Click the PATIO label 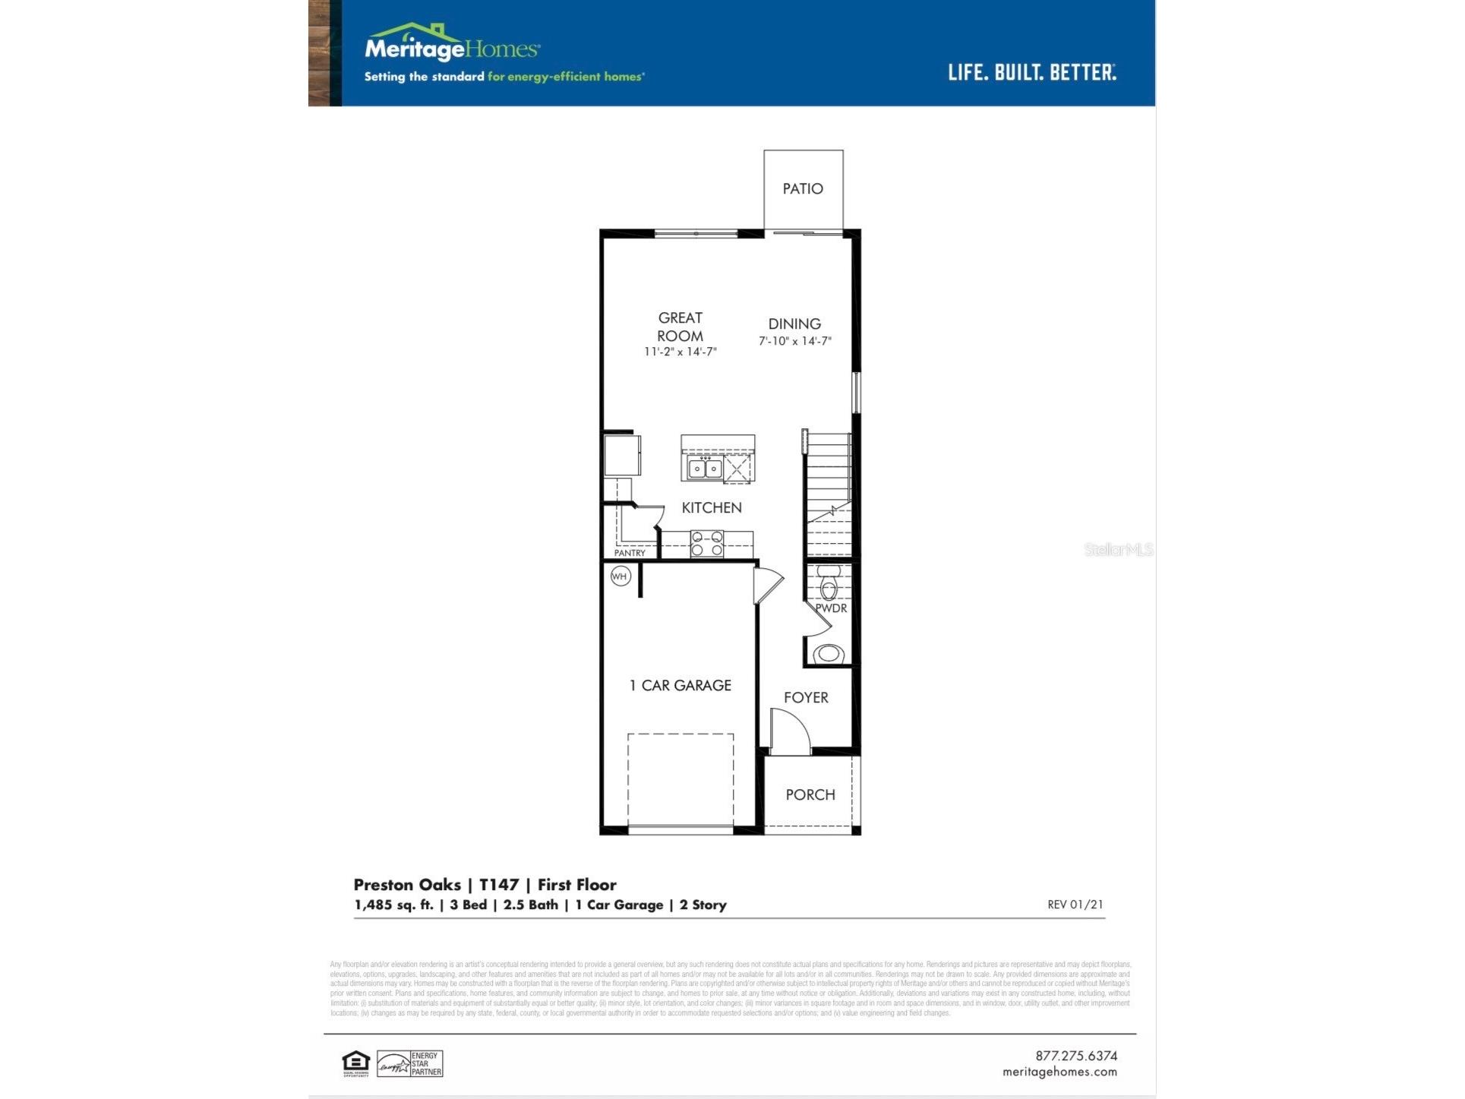[x=803, y=188]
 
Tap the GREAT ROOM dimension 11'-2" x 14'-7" [x=680, y=352]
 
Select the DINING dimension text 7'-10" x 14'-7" [x=794, y=341]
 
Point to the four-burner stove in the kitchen [x=706, y=544]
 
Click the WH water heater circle [x=620, y=576]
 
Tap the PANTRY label [x=630, y=553]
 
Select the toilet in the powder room [x=829, y=583]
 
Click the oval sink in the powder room [x=829, y=653]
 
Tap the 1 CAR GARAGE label [x=680, y=685]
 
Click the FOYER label [x=806, y=697]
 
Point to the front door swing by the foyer [x=790, y=731]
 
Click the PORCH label [x=810, y=794]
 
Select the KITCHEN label [x=711, y=507]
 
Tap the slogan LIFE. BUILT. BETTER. [x=1031, y=73]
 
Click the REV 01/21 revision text [x=1075, y=905]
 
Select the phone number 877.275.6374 [x=1075, y=1056]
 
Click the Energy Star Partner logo [x=410, y=1063]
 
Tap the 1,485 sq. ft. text [x=393, y=905]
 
